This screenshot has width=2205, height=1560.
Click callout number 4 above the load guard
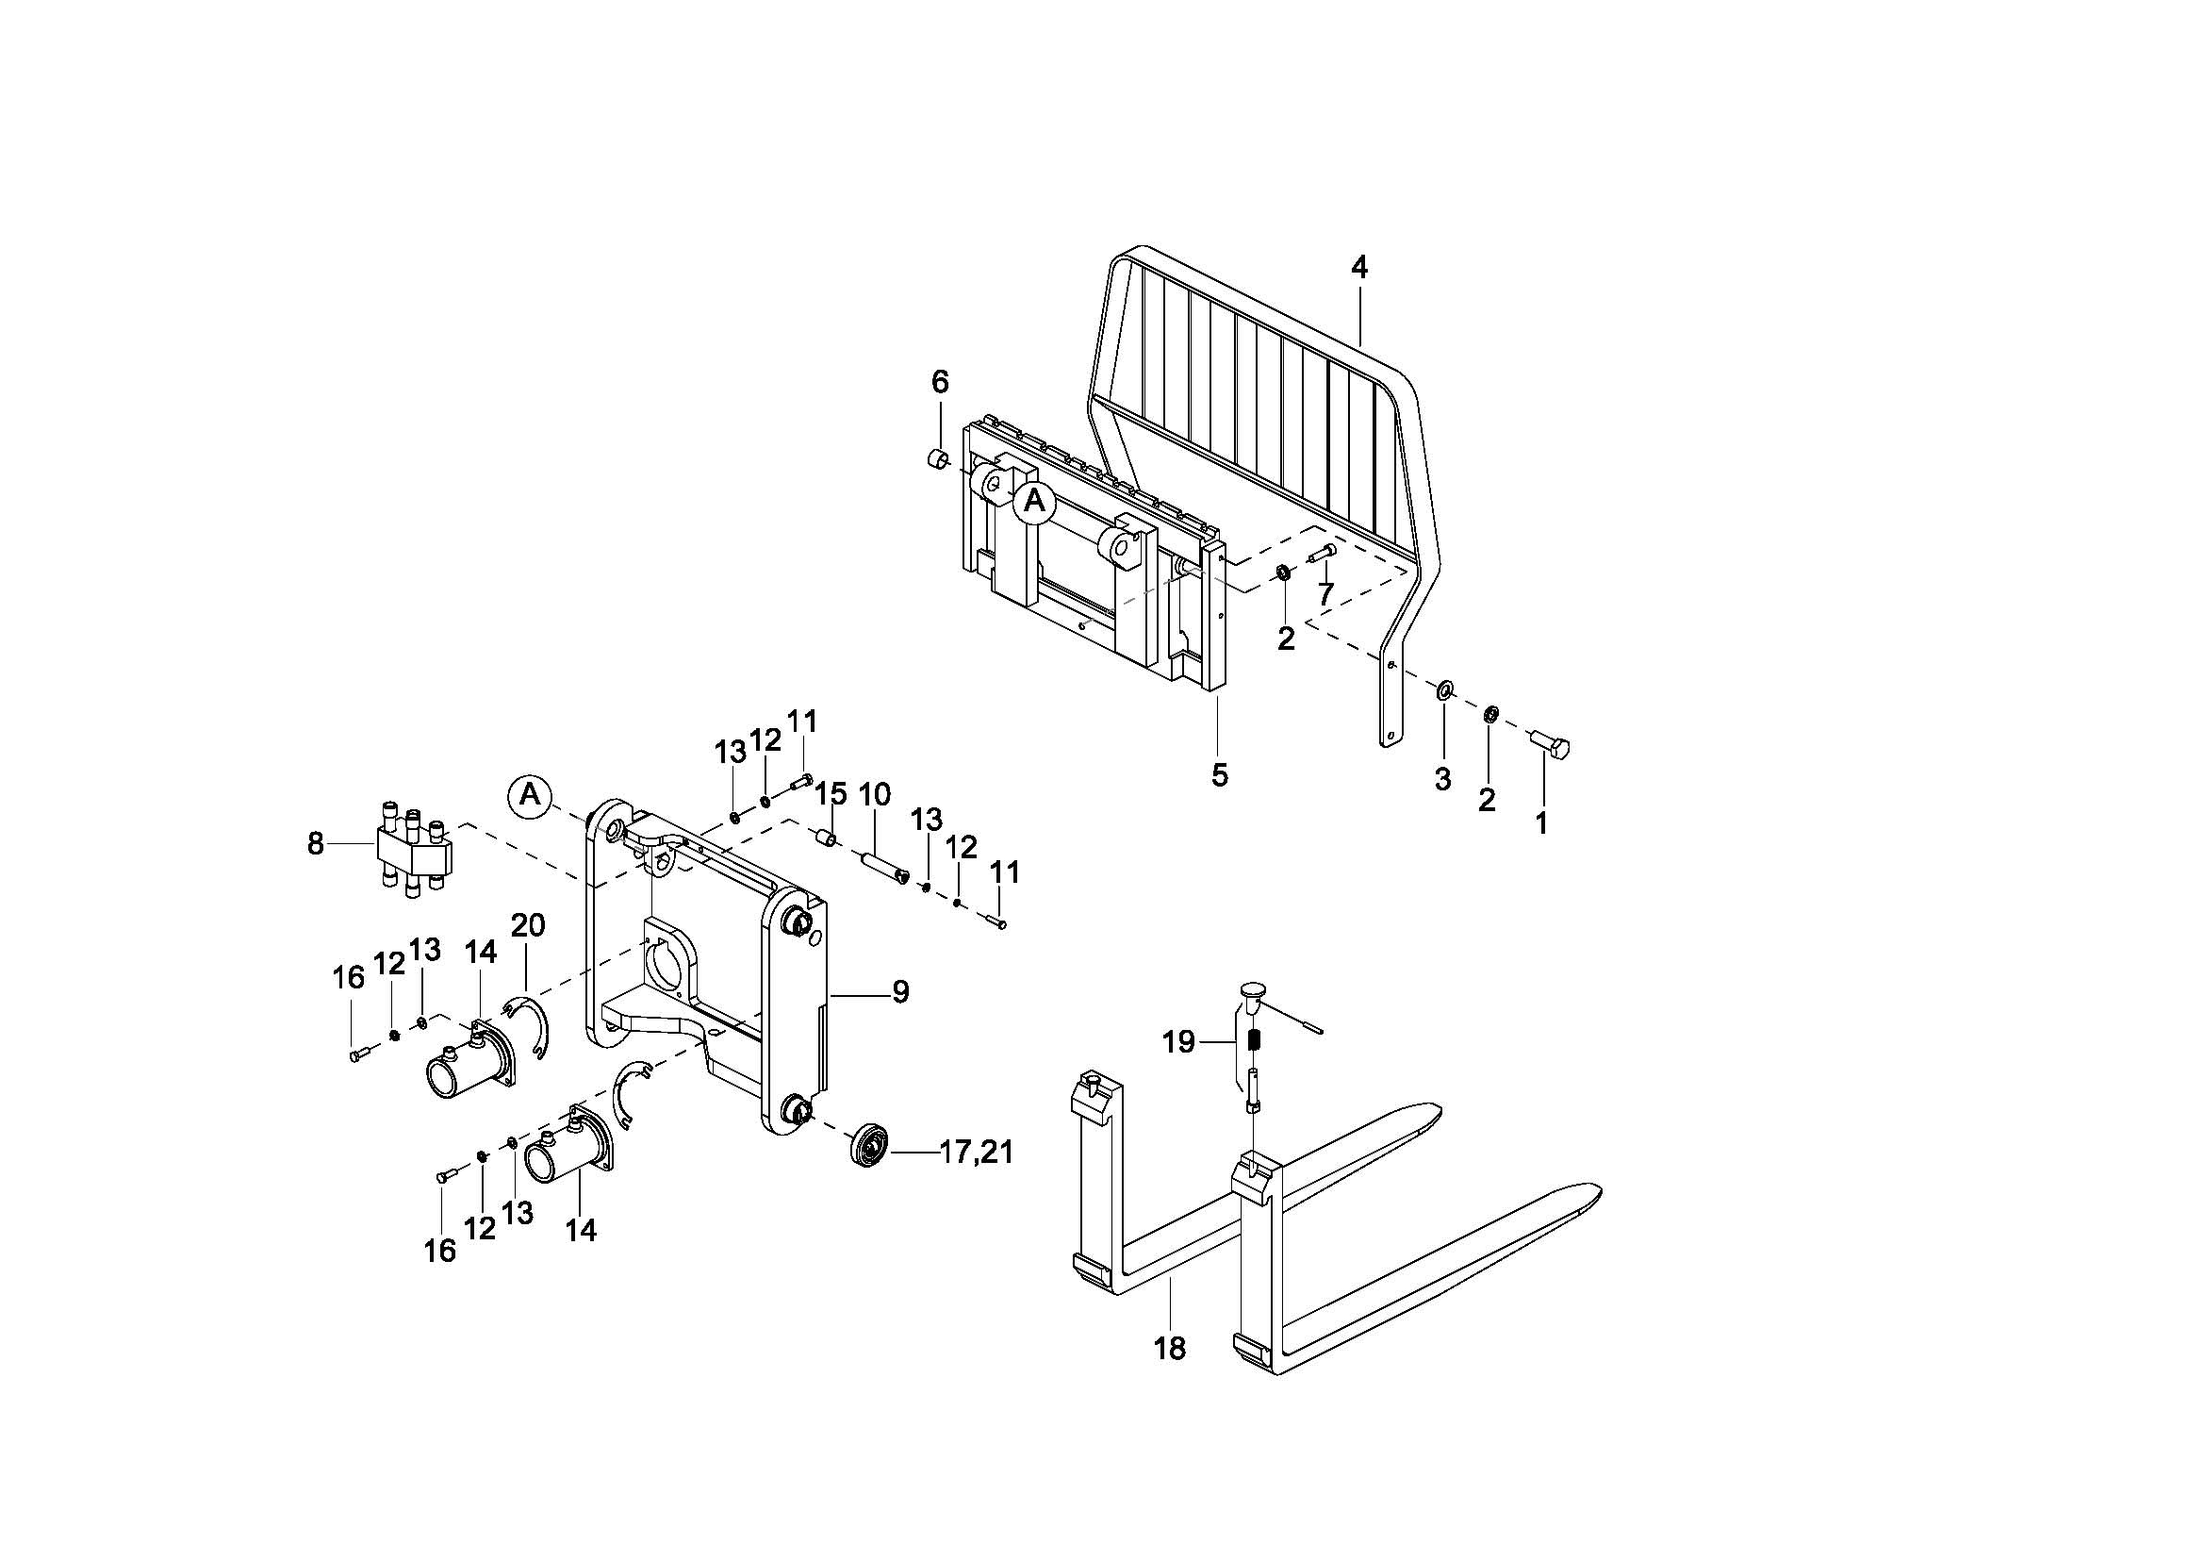pos(1359,268)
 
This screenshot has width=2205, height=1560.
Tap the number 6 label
pos(939,382)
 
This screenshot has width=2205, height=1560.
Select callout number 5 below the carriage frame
pos(1219,774)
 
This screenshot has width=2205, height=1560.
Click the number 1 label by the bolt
pos(1541,822)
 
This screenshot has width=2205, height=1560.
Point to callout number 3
pos(1442,779)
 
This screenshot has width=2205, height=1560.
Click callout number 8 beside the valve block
pos(316,843)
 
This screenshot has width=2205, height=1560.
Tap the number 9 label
pos(900,991)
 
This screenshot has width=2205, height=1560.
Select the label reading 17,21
pos(977,1152)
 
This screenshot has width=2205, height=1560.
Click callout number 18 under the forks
pos(1170,1349)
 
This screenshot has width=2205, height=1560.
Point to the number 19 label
pos(1178,1041)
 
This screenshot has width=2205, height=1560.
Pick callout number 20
pos(528,925)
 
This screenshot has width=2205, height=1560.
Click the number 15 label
pos(831,794)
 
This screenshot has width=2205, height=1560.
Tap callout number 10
pos(874,794)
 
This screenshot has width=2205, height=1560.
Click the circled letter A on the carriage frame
pos(1034,501)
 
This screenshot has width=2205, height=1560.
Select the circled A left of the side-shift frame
pos(529,794)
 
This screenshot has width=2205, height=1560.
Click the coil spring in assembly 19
pos(1254,1040)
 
